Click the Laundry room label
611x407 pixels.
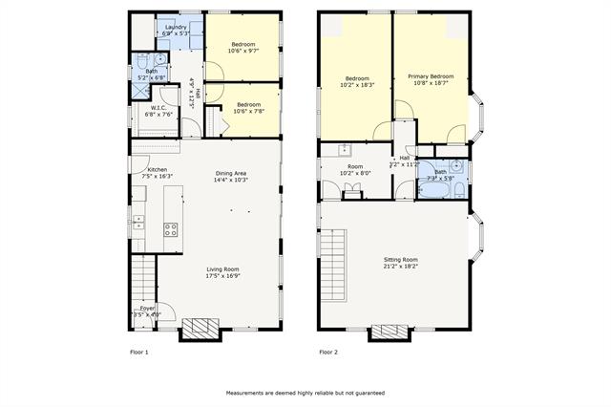176,28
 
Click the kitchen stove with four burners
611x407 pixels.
171,229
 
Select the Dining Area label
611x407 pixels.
231,173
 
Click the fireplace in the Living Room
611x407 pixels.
200,330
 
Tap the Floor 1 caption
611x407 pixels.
139,353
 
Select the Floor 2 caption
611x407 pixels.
328,353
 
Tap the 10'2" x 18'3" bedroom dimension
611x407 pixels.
357,85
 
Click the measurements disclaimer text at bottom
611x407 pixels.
305,393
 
